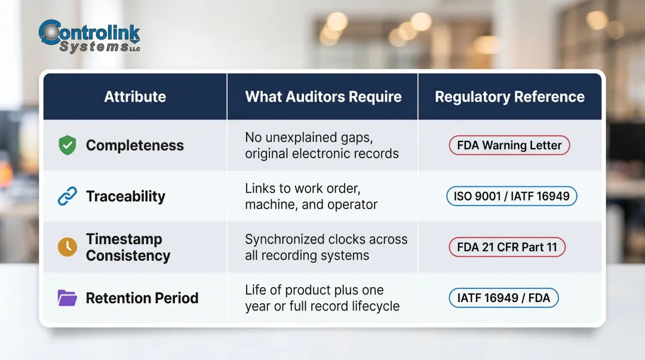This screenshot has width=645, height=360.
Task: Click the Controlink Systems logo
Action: click(x=88, y=37)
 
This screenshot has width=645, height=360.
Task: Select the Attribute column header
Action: click(x=135, y=97)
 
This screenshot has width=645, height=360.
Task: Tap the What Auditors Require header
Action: click(x=323, y=97)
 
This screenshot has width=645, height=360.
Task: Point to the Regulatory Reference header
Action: click(x=509, y=97)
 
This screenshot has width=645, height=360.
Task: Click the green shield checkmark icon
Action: click(x=67, y=146)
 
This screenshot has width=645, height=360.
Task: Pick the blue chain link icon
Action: click(x=67, y=196)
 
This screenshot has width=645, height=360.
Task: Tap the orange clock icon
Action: click(x=67, y=247)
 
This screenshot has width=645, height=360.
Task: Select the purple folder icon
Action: click(x=67, y=298)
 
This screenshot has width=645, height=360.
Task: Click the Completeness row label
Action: click(x=134, y=146)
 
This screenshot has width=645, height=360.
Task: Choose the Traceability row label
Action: click(x=125, y=196)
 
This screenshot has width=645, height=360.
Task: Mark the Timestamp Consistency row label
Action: click(x=128, y=247)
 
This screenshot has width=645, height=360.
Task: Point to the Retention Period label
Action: click(x=142, y=298)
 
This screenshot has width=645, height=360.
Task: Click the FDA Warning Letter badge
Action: click(x=509, y=145)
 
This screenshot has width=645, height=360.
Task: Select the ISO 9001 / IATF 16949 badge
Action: click(x=511, y=196)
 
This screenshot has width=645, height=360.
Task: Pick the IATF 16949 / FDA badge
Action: click(x=503, y=297)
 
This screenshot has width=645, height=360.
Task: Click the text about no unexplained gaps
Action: click(x=321, y=146)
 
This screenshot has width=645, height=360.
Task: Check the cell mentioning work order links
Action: click(x=311, y=196)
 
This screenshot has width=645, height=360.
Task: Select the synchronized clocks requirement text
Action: click(x=326, y=247)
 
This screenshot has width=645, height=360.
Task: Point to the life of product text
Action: click(x=322, y=298)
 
